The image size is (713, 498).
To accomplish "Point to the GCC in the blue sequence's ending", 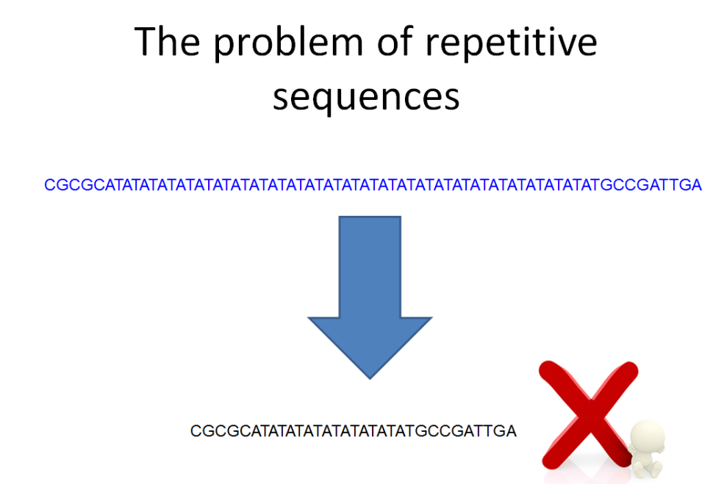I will pos(625,185).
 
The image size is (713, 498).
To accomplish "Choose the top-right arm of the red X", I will pos(621,378).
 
